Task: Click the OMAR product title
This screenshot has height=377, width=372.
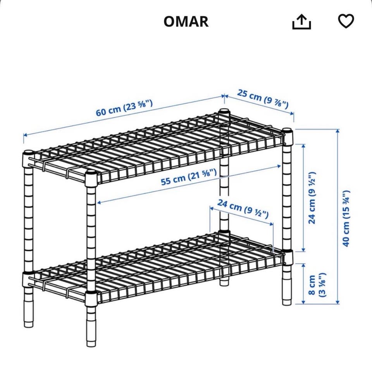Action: pos(186,21)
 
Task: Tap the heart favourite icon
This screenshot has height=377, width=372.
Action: pos(346,21)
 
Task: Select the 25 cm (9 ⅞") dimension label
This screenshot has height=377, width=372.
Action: pos(263,98)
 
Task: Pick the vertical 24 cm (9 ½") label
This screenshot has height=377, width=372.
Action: pos(312,198)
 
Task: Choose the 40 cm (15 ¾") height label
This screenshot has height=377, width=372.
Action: pos(346,218)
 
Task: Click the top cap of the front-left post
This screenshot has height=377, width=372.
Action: pos(28,153)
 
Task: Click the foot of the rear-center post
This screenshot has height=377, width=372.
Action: pos(224,281)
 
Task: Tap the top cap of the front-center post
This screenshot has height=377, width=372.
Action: pos(91,173)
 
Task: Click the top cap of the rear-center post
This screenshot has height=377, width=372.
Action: pos(224,111)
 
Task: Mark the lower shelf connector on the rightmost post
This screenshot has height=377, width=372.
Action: pos(288,257)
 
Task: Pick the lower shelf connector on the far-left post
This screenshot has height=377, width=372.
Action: pos(28,279)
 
